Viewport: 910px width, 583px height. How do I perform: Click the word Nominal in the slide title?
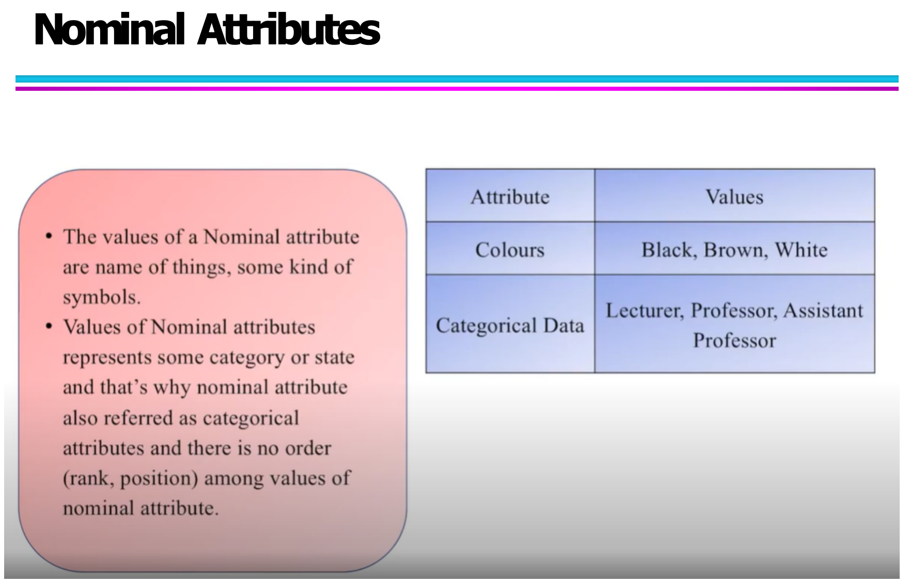109,30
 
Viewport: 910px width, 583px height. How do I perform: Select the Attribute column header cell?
510,196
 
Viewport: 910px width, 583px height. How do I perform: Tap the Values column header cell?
734,196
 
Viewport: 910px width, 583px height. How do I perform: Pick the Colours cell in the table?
510,249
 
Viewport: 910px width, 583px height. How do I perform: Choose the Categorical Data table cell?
510,324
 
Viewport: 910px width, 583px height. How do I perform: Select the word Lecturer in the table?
645,311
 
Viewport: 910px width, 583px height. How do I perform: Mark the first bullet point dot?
49,236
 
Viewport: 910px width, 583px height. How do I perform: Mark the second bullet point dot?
49,326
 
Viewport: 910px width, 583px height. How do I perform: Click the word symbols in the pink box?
101,298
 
